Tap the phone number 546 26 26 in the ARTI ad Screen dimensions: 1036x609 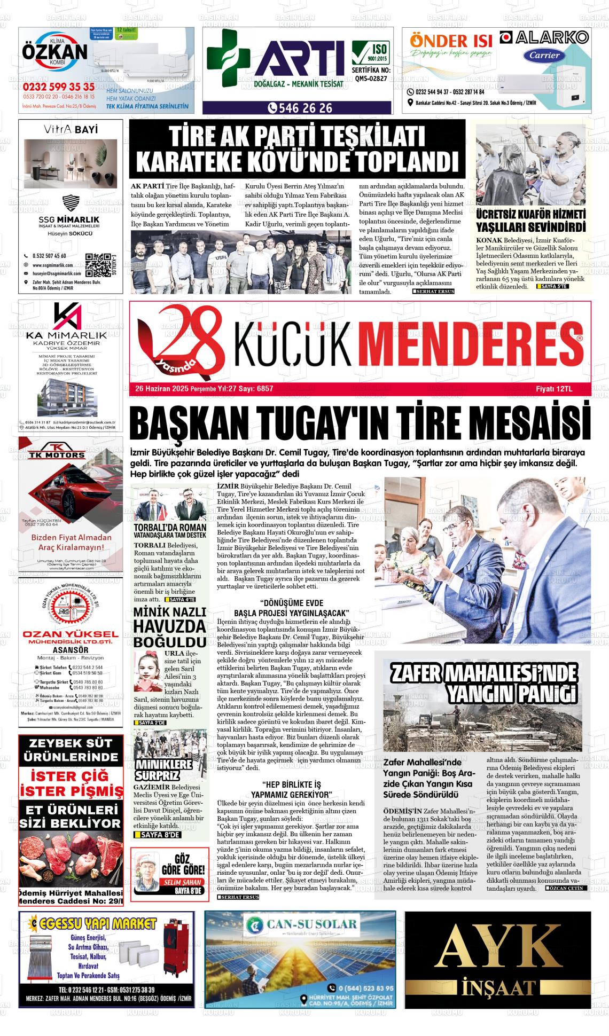point(302,108)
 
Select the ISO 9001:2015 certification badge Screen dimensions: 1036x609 point(371,54)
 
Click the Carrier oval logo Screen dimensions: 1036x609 point(544,55)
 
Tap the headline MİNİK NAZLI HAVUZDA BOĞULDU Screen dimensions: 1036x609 point(169,626)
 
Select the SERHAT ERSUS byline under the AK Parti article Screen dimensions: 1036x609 point(433,292)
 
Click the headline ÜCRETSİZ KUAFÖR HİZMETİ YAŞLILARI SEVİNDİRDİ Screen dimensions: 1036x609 point(531,221)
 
